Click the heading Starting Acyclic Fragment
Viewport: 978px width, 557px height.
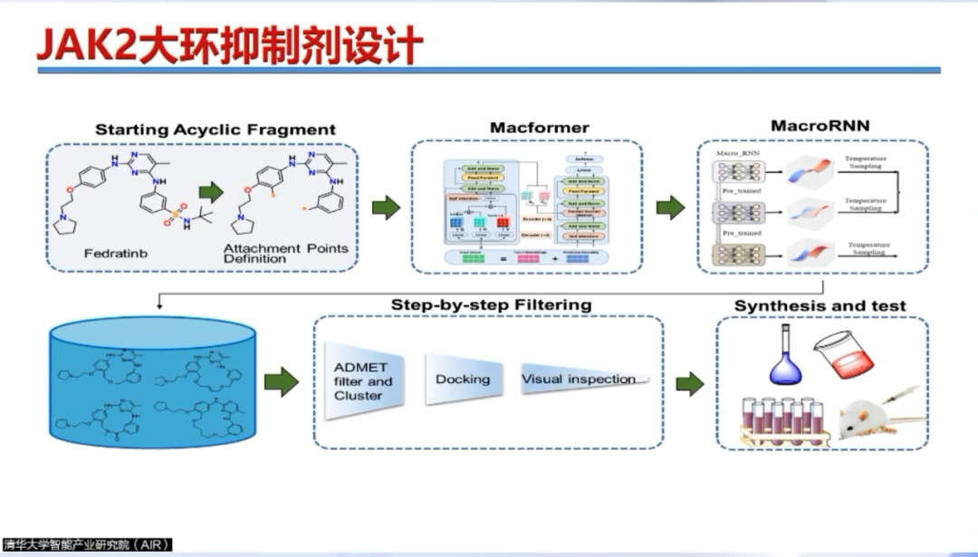pyautogui.click(x=216, y=130)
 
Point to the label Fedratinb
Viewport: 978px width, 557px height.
pyautogui.click(x=115, y=254)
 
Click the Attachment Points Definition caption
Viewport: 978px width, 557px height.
pyautogui.click(x=285, y=254)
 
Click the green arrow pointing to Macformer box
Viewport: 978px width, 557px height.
pyautogui.click(x=386, y=207)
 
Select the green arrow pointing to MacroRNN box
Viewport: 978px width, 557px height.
pyautogui.click(x=670, y=208)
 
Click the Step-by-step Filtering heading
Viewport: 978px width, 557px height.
pyautogui.click(x=491, y=305)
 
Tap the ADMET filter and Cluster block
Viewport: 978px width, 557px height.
pyautogui.click(x=362, y=381)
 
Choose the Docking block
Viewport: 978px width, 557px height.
pyautogui.click(x=463, y=379)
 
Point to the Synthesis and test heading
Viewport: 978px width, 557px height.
pyautogui.click(x=820, y=306)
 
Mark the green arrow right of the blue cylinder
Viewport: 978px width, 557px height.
pyautogui.click(x=282, y=382)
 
